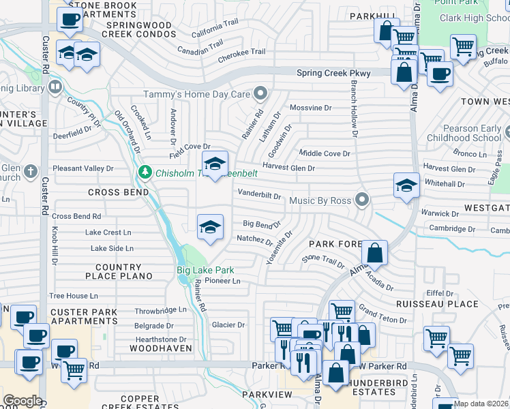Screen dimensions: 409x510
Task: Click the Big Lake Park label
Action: tap(205, 270)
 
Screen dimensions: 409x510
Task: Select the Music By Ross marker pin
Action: tap(362, 200)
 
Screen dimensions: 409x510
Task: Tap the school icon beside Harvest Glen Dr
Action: tap(215, 164)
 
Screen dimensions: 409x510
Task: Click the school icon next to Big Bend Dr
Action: tap(210, 228)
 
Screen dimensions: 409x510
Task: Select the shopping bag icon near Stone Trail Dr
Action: tap(374, 254)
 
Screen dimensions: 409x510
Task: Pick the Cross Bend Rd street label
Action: tap(76, 216)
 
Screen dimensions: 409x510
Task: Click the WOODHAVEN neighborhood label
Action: tap(156, 348)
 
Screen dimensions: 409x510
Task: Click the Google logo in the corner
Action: tap(22, 400)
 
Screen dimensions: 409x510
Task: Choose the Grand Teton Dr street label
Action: tap(382, 315)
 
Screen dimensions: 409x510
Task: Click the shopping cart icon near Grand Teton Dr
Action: tap(342, 312)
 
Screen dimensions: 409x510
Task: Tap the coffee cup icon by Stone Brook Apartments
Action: tap(70, 20)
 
